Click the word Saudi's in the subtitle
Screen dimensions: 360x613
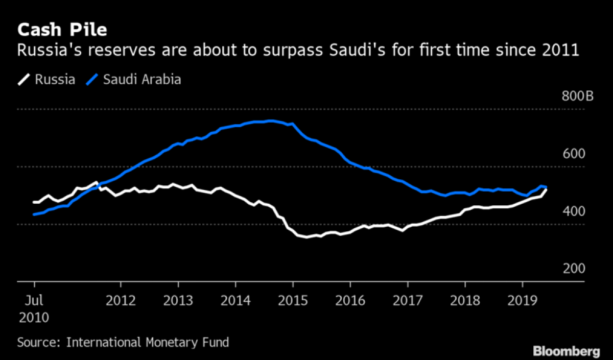(395, 51)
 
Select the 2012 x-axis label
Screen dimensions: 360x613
(121, 300)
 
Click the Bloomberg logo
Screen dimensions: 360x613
(566, 351)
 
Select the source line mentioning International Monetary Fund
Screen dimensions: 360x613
(123, 342)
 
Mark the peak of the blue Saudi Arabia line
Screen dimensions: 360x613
(271, 121)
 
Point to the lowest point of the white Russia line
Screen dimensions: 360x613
(308, 237)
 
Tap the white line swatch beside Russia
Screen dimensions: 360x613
(24, 80)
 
